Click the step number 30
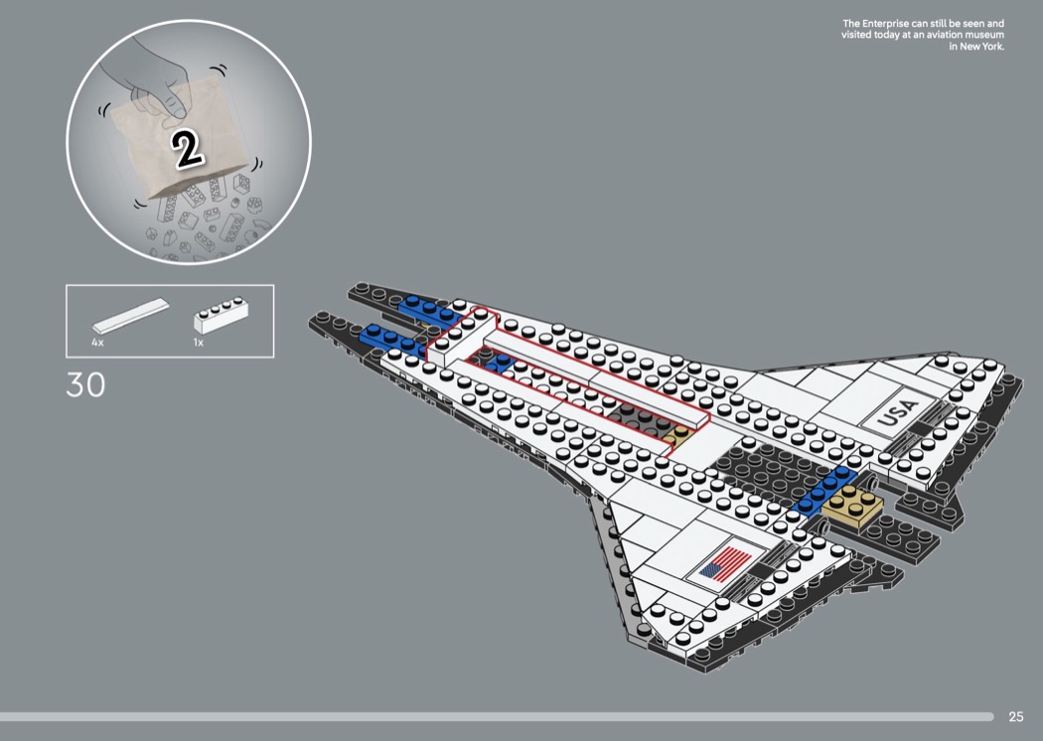coord(85,385)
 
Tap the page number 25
coord(1015,716)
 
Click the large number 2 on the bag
coord(187,148)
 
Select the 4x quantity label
coord(97,342)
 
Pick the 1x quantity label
coord(198,342)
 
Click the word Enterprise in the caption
coord(891,23)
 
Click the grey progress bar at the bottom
coord(497,716)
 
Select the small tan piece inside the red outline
coord(678,435)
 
